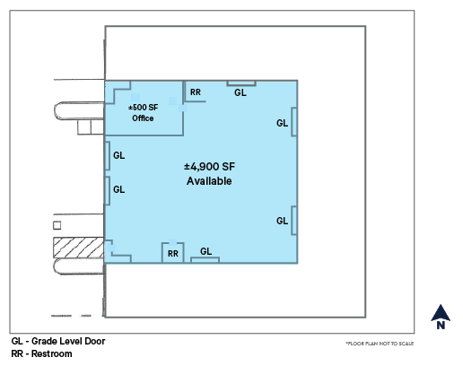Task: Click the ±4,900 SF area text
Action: pyautogui.click(x=209, y=167)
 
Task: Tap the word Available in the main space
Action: pyautogui.click(x=209, y=180)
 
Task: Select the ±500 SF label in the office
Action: pyautogui.click(x=143, y=107)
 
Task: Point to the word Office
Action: pyautogui.click(x=143, y=118)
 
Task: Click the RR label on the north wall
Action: pyautogui.click(x=195, y=91)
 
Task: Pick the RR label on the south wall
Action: pyautogui.click(x=173, y=254)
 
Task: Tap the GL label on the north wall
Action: pyautogui.click(x=240, y=91)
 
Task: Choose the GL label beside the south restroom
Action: pyautogui.click(x=205, y=251)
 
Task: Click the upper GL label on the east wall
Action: pyautogui.click(x=282, y=123)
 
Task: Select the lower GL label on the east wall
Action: pyautogui.click(x=282, y=221)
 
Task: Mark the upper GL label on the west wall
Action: pyautogui.click(x=119, y=155)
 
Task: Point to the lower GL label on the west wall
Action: pyautogui.click(x=119, y=189)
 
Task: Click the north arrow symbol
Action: pyautogui.click(x=441, y=313)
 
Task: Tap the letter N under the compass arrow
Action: pyautogui.click(x=441, y=327)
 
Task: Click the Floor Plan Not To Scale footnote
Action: pyautogui.click(x=380, y=344)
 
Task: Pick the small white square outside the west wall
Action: pyautogui.click(x=57, y=224)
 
